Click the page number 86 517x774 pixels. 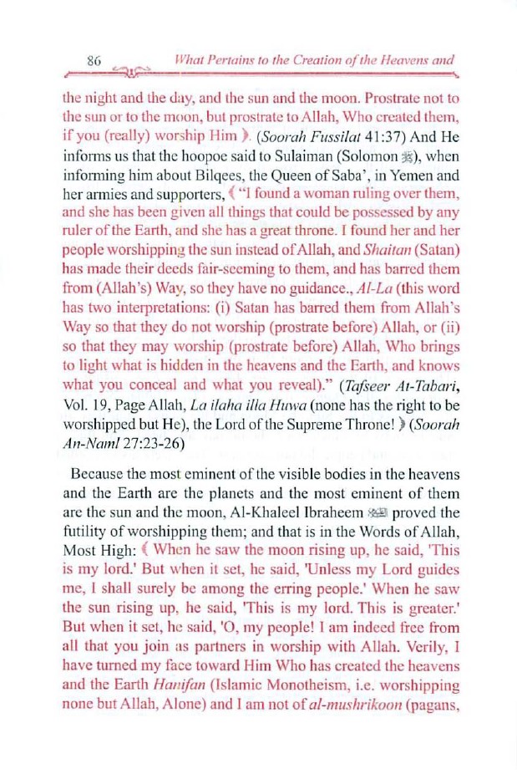[x=94, y=60]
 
